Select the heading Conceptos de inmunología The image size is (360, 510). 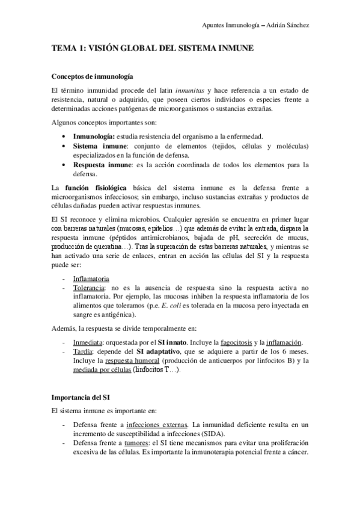92,78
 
